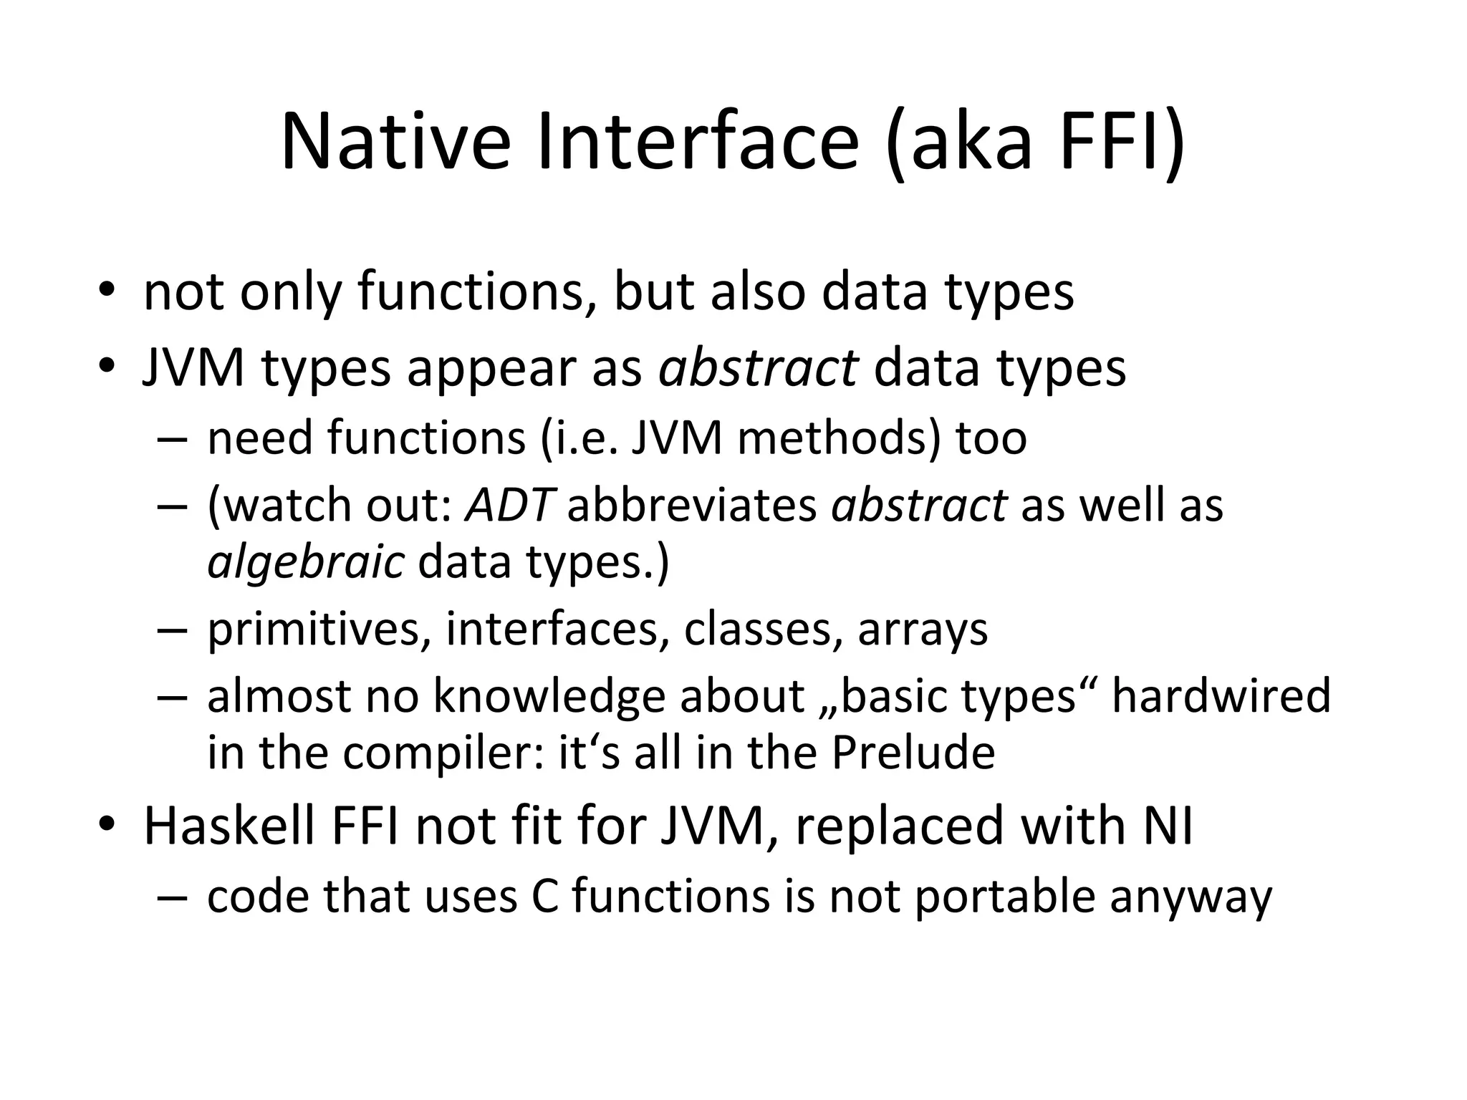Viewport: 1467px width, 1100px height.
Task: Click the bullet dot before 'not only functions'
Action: coord(107,290)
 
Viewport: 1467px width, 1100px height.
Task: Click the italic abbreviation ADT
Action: coord(509,505)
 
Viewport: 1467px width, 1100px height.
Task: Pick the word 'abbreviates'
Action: coord(692,505)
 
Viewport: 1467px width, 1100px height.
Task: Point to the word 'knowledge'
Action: coord(549,697)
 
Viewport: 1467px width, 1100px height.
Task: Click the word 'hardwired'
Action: coord(1221,695)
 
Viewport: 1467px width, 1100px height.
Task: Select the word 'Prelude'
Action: coord(913,753)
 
